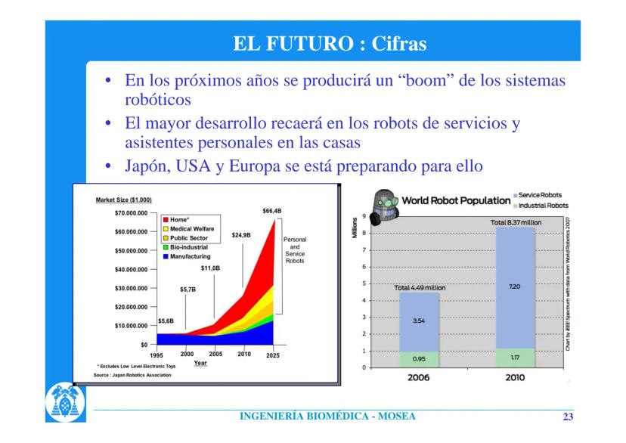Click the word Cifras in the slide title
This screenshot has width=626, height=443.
click(x=399, y=44)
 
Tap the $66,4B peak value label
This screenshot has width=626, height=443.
click(x=272, y=211)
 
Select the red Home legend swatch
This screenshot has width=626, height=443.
click(x=166, y=219)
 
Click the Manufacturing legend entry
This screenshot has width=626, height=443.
click(x=187, y=256)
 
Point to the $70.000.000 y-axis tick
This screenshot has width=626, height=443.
click(x=131, y=213)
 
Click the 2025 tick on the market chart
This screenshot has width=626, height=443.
click(x=273, y=355)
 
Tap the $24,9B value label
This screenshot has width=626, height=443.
click(x=241, y=235)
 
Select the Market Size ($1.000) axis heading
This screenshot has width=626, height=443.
click(x=124, y=200)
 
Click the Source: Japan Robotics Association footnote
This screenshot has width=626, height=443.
click(x=132, y=375)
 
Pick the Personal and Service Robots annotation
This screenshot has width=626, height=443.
click(x=295, y=249)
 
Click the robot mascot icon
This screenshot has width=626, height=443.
click(x=383, y=206)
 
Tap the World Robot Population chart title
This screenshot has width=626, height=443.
click(x=456, y=200)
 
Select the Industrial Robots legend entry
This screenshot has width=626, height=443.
click(x=541, y=206)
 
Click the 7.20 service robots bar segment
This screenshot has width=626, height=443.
click(x=515, y=288)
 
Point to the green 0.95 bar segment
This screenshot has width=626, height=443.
click(x=419, y=359)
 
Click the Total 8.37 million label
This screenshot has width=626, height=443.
click(x=516, y=222)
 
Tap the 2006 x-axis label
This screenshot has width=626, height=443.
click(x=418, y=377)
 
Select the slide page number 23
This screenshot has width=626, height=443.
click(x=568, y=417)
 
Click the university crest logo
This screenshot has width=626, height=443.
click(x=65, y=402)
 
